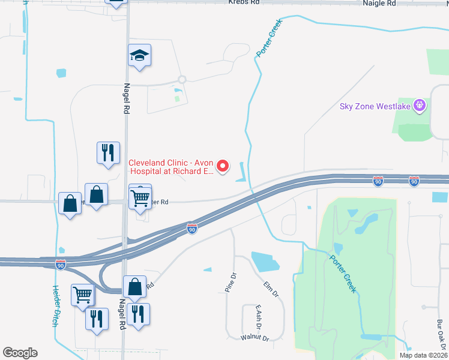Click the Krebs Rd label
[x=244, y=2]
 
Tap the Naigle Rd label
[x=380, y=3]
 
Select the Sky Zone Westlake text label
[x=375, y=106]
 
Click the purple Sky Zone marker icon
[x=420, y=106]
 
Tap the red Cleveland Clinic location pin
[x=223, y=166]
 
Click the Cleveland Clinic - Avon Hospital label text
[x=172, y=166]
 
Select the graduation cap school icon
[x=139, y=56]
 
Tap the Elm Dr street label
[x=271, y=289]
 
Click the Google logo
[x=20, y=353]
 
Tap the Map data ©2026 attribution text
[x=423, y=355]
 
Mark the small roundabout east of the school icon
[x=182, y=79]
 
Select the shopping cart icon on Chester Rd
[x=140, y=196]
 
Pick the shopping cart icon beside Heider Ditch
[x=82, y=294]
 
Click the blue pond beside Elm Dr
[x=265, y=262]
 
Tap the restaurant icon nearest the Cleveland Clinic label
[x=108, y=152]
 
